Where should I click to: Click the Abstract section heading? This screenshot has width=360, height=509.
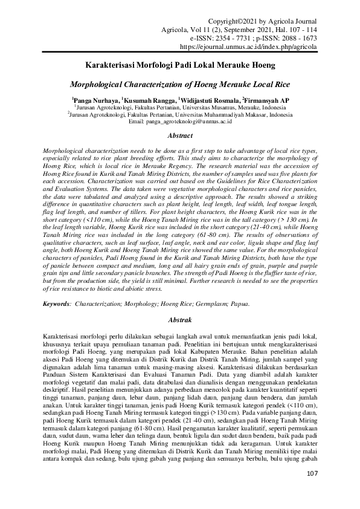pos(179,136)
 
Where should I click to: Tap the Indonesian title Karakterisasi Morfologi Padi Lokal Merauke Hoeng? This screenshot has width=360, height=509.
pos(179,63)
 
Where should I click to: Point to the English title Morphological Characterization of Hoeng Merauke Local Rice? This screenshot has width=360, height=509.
pos(179,85)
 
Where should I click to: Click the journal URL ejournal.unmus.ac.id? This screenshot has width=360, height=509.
pos(249,45)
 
